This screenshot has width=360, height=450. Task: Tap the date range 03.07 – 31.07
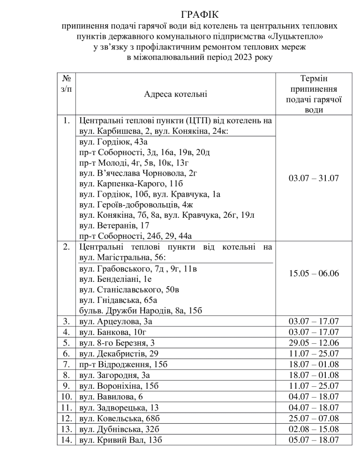315,178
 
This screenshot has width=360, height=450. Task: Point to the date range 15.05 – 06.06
315,273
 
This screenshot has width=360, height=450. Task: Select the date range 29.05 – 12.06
315,342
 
